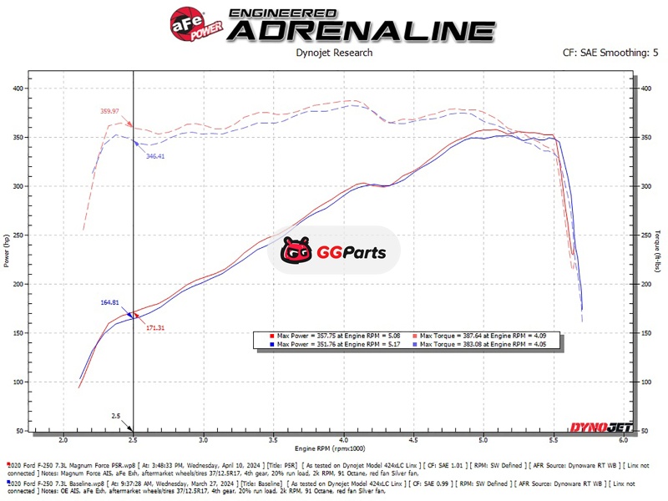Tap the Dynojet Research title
pos(334,53)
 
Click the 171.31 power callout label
pos(154,327)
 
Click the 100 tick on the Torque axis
pos(648,382)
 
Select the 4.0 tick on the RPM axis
pos(343,438)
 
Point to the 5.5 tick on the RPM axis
pos(554,438)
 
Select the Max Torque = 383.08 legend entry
pos(477,344)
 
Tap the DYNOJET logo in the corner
pos(600,428)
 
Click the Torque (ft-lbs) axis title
pos(660,250)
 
